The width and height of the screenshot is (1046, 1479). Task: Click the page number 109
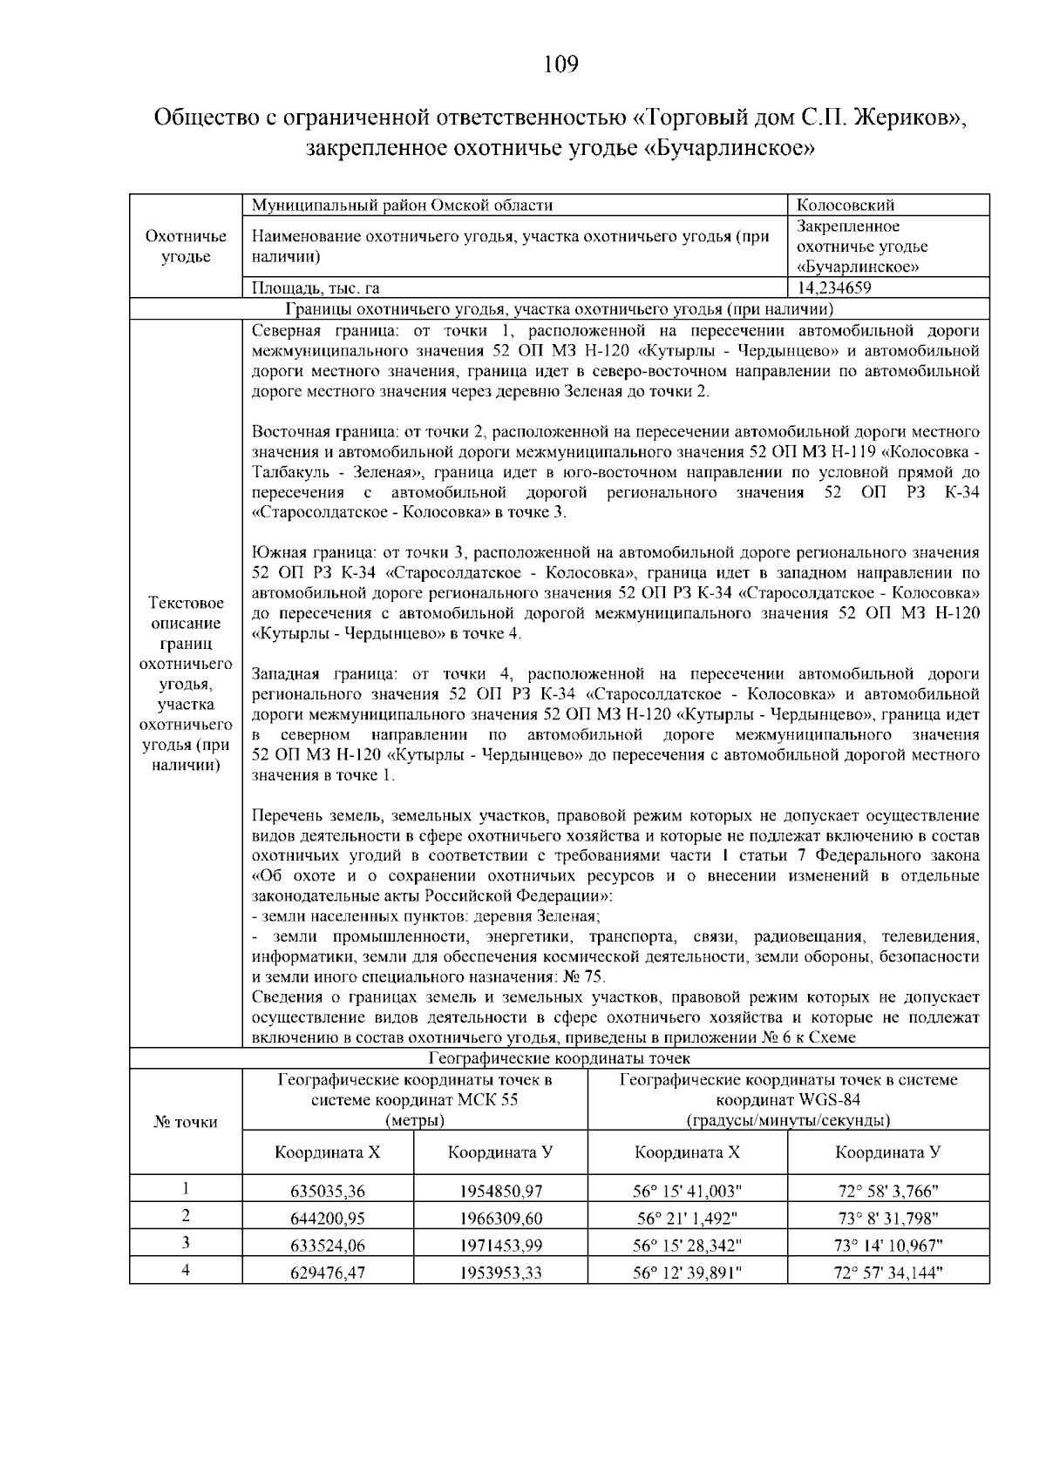(x=560, y=64)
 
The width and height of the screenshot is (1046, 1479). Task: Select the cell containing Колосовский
(x=845, y=206)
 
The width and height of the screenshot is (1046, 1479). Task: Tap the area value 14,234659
(x=834, y=288)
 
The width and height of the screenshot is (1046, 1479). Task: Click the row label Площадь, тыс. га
(x=315, y=288)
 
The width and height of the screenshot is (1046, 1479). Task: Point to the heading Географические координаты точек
(x=559, y=1058)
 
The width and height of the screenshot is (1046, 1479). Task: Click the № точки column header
(x=185, y=1122)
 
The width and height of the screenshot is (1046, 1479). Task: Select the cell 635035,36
(x=327, y=1191)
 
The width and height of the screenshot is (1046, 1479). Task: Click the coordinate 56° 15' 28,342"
(x=687, y=1245)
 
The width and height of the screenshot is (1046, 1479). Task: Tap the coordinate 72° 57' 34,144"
(x=887, y=1273)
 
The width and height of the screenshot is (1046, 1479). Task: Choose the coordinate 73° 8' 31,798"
(x=887, y=1218)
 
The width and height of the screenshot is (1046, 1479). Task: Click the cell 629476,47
(x=327, y=1273)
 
